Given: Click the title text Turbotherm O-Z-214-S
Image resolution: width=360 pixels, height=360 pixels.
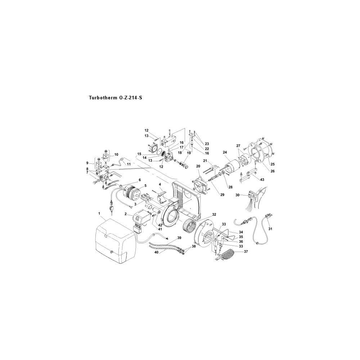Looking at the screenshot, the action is pyautogui.click(x=116, y=98).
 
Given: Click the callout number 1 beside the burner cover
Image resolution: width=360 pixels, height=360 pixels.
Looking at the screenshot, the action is pyautogui.click(x=99, y=213).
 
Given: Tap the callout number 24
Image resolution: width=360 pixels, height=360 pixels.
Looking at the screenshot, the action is pyautogui.click(x=225, y=152).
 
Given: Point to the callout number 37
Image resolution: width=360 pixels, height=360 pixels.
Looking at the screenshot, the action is pyautogui.click(x=246, y=252).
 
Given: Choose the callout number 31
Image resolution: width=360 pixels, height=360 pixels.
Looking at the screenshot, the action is pyautogui.click(x=270, y=229).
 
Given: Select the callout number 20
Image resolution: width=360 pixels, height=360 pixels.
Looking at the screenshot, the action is pyautogui.click(x=198, y=166).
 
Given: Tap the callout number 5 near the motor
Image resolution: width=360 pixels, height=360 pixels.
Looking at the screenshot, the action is pyautogui.click(x=145, y=185).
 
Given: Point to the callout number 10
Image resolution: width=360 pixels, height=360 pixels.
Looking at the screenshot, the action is pyautogui.click(x=116, y=154).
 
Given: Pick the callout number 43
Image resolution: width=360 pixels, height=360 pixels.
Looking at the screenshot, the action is pyautogui.click(x=262, y=180).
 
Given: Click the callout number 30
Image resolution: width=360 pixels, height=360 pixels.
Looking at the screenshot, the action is pyautogui.click(x=237, y=195).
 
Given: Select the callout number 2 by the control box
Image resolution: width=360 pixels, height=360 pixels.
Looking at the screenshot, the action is pyautogui.click(x=126, y=214).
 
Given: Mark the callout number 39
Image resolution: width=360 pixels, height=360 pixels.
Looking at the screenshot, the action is pyautogui.click(x=179, y=238).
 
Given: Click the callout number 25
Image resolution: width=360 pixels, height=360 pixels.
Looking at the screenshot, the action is pyautogui.click(x=273, y=165).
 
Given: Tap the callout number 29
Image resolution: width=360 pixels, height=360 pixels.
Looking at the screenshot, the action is pyautogui.click(x=222, y=195).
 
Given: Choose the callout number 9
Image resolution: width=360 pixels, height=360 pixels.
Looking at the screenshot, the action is pyautogui.click(x=87, y=163).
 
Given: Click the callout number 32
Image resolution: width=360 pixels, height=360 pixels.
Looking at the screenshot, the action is pyautogui.click(x=214, y=215).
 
